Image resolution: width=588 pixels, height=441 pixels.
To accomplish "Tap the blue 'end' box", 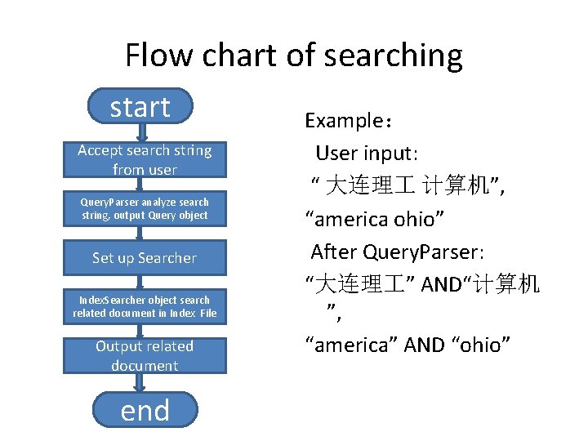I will pyautogui.click(x=145, y=410).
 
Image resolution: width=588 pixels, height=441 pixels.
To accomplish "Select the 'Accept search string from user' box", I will pyautogui.click(x=145, y=160).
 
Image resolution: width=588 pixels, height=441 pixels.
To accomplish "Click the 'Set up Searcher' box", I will pyautogui.click(x=145, y=258).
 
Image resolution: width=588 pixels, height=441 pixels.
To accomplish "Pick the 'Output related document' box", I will pyautogui.click(x=145, y=356).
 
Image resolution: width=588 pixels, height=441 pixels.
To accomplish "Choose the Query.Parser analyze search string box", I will pyautogui.click(x=145, y=209).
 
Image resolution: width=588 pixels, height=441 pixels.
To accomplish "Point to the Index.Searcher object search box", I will pyautogui.click(x=145, y=307).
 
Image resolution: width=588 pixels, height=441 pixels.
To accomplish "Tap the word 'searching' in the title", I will pyautogui.click(x=393, y=56).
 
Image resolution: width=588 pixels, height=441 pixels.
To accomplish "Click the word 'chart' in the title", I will pyautogui.click(x=245, y=56).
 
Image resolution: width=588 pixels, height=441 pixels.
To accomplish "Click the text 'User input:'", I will pyautogui.click(x=367, y=154).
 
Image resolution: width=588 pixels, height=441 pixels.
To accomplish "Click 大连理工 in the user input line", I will pyautogui.click(x=364, y=187).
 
